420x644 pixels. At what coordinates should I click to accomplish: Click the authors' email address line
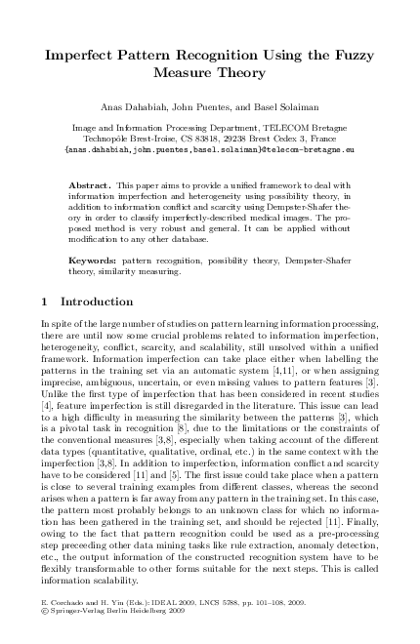[x=209, y=151]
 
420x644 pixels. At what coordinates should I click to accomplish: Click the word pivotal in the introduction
[x=88, y=399]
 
